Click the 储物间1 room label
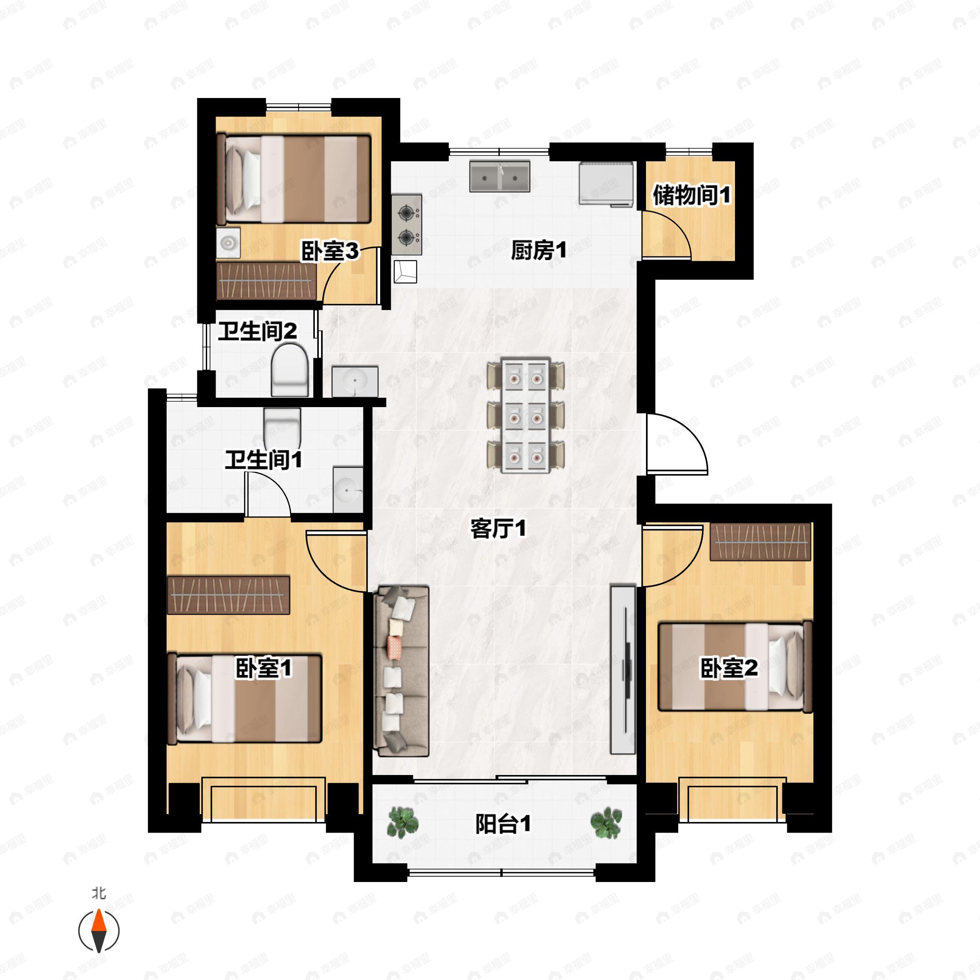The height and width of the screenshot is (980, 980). pyautogui.click(x=691, y=195)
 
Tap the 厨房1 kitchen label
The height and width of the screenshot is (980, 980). pyautogui.click(x=538, y=251)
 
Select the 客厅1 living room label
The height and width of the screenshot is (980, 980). pyautogui.click(x=498, y=530)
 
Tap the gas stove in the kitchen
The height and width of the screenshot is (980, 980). pyautogui.click(x=407, y=225)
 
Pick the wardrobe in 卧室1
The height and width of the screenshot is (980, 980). pyautogui.click(x=228, y=595)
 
